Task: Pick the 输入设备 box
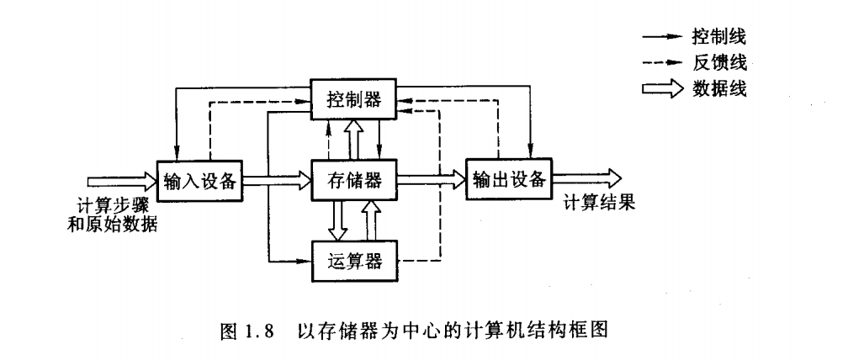[x=199, y=179]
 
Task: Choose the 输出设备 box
[x=508, y=179]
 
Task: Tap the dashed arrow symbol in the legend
[x=660, y=62]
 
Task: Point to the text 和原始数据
[x=112, y=225]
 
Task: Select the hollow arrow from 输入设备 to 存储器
[x=277, y=179]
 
